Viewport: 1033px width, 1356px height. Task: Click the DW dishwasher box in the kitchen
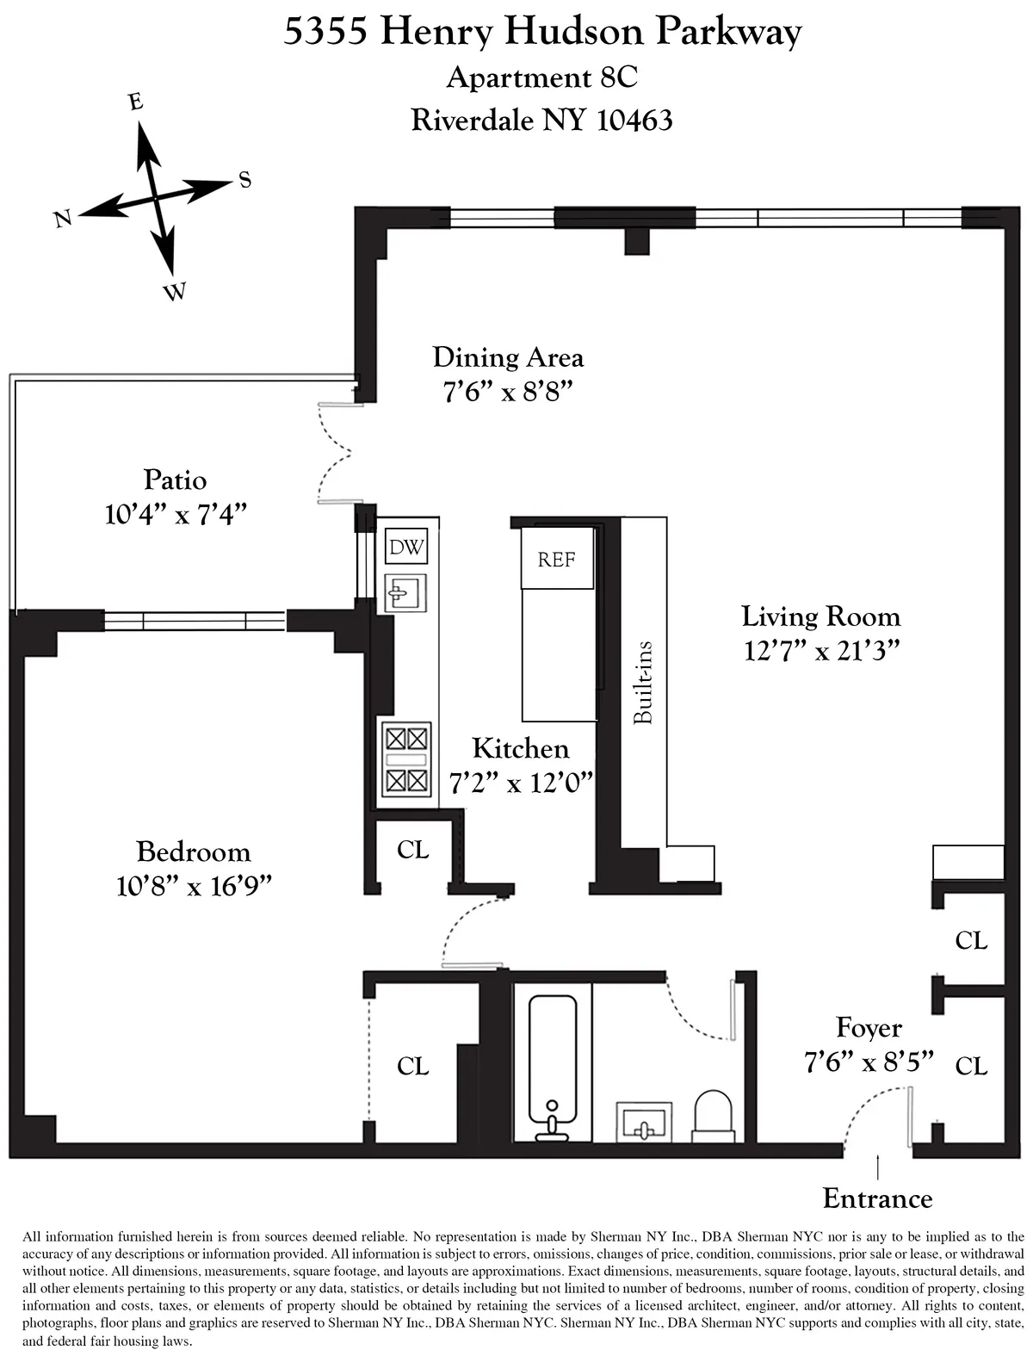click(x=406, y=548)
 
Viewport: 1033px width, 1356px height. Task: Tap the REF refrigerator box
click(x=556, y=560)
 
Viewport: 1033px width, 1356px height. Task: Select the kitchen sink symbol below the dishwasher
click(x=405, y=592)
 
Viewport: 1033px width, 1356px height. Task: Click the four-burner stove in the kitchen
click(x=406, y=758)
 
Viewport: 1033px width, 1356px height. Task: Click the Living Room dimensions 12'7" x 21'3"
click(x=822, y=652)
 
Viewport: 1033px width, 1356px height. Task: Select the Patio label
click(x=175, y=479)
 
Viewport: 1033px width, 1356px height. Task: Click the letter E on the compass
click(x=135, y=102)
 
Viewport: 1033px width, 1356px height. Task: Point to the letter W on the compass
click(x=175, y=293)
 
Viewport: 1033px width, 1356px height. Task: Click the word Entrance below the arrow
click(x=877, y=1198)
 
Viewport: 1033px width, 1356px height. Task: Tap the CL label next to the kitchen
click(x=412, y=850)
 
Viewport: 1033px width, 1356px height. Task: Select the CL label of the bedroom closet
click(x=412, y=1066)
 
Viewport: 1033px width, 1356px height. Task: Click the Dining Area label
click(x=508, y=356)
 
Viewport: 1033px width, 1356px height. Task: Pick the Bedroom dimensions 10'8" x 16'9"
click(x=194, y=886)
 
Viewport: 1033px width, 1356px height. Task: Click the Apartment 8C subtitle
click(x=541, y=77)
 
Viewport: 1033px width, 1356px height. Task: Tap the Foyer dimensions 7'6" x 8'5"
click(x=869, y=1062)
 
